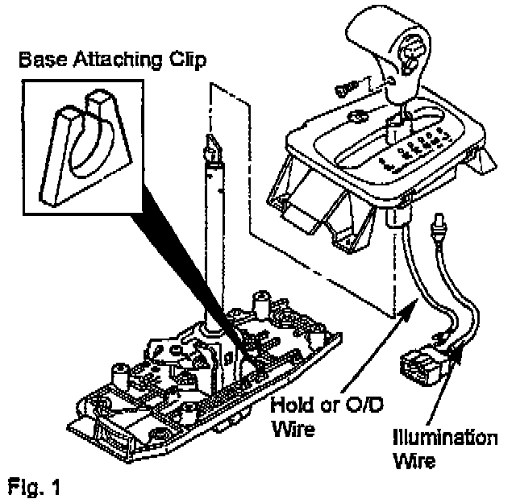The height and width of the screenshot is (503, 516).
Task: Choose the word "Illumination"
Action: coord(443,440)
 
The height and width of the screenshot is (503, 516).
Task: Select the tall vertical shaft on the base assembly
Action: coord(214,242)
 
